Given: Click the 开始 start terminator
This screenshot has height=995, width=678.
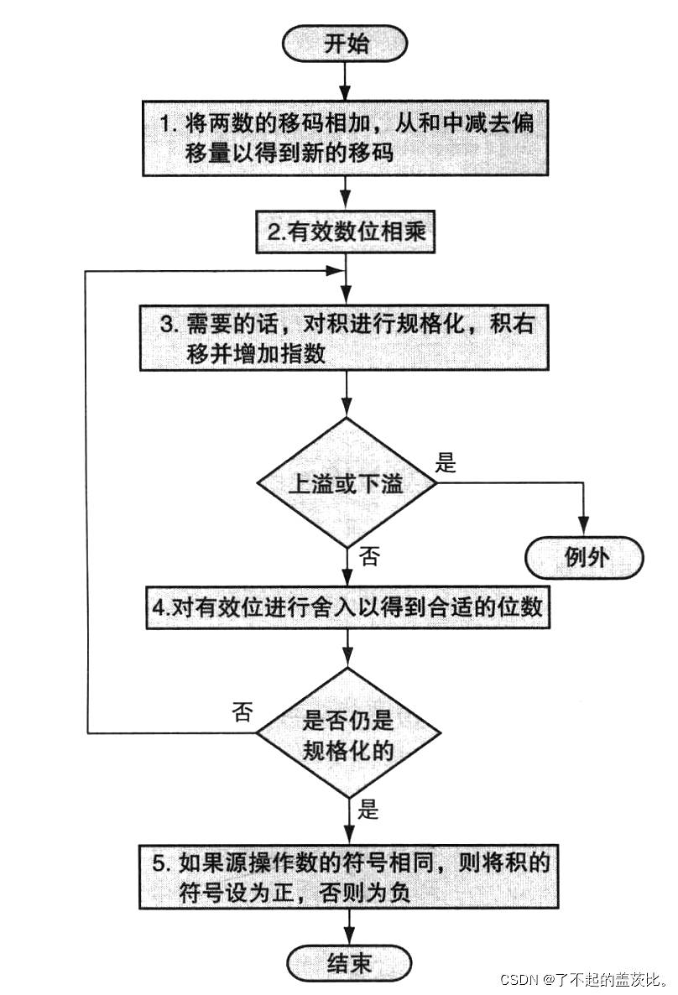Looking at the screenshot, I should pyautogui.click(x=346, y=43).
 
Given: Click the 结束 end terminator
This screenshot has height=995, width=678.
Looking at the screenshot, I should pyautogui.click(x=348, y=962).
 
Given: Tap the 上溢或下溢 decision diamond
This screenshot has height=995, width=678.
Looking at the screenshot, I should pyautogui.click(x=347, y=484).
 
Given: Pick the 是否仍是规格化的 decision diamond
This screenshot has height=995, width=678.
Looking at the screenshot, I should pyautogui.click(x=347, y=733).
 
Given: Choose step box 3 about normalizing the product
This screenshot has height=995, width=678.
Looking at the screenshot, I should pyautogui.click(x=347, y=335).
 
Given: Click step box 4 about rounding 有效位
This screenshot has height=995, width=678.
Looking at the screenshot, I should pyautogui.click(x=347, y=610).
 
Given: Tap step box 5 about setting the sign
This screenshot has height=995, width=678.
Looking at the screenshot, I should pyautogui.click(x=347, y=877).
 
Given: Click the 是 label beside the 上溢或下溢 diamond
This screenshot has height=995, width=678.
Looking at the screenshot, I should pyautogui.click(x=446, y=462).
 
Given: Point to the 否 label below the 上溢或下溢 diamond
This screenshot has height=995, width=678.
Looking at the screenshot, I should pyautogui.click(x=368, y=556).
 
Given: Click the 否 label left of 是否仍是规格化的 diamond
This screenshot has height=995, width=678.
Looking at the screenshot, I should pyautogui.click(x=241, y=712).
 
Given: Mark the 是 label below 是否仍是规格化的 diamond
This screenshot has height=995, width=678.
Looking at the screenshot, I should pyautogui.click(x=368, y=810).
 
